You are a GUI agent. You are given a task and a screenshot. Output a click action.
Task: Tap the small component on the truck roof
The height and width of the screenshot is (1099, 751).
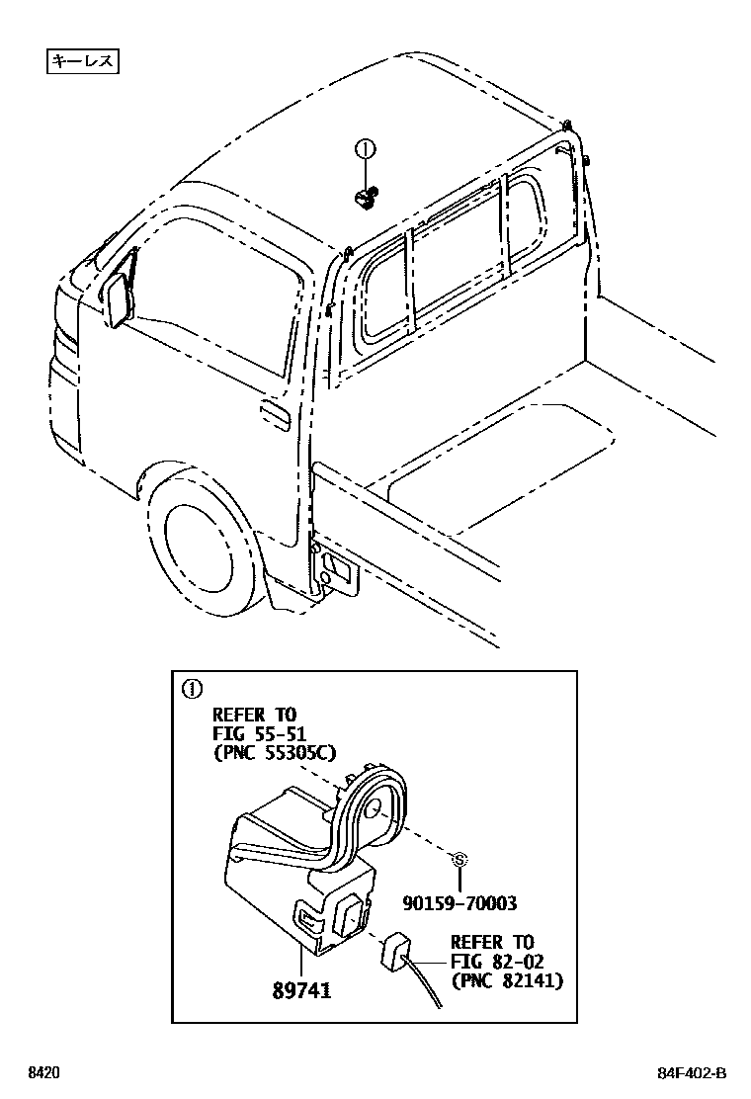(x=365, y=199)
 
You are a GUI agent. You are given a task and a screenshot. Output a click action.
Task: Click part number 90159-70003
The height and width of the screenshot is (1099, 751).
(x=460, y=902)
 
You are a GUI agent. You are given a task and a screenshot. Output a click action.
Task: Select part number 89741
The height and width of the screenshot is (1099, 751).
(x=303, y=989)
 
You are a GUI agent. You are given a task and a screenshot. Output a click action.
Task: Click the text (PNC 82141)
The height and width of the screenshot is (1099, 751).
(x=507, y=980)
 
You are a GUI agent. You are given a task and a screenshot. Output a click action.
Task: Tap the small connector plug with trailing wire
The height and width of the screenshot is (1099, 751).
(x=395, y=951)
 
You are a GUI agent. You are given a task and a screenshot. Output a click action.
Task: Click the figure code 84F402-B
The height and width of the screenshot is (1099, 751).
(x=689, y=1073)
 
